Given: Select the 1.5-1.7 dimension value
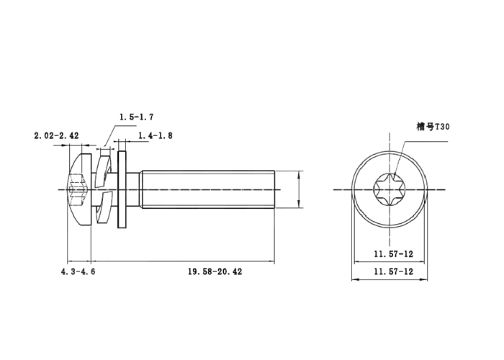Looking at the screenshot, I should [136, 117].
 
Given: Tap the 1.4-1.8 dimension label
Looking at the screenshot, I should [154, 135].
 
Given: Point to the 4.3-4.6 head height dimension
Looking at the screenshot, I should [78, 271].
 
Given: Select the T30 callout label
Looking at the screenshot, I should [433, 126].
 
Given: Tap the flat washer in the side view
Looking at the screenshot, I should [122, 189].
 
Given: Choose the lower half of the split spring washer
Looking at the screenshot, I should [105, 211].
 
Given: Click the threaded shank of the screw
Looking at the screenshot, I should [209, 189].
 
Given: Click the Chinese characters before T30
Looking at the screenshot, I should [423, 126].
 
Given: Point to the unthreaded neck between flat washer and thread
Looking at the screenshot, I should [135, 189].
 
